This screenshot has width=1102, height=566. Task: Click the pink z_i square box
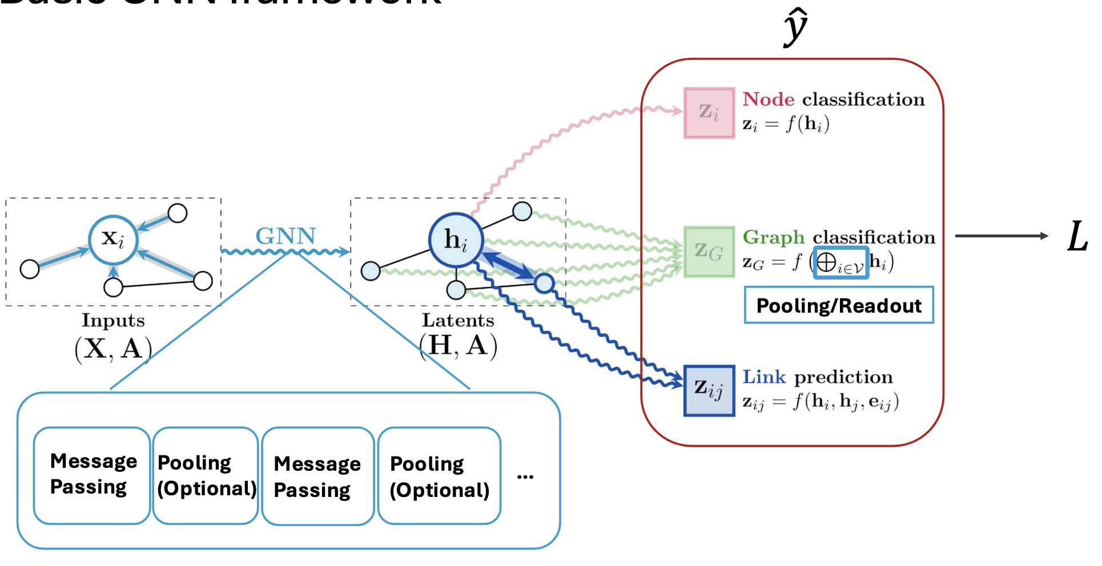point(709,113)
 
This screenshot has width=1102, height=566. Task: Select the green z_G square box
point(709,252)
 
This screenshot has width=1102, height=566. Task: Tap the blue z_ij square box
point(709,391)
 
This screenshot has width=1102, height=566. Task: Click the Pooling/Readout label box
point(839,306)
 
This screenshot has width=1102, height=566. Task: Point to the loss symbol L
point(1077,237)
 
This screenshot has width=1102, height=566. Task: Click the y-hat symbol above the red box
point(795,27)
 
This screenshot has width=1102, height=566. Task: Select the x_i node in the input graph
point(114,240)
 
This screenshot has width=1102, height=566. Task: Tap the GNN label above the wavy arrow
point(285,236)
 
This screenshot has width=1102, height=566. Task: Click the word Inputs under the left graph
point(113,321)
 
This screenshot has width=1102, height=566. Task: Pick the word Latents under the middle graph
point(458,321)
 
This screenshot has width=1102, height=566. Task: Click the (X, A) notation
point(113,349)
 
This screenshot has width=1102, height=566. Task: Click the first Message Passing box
point(92,475)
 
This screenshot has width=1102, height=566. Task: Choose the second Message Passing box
point(317,476)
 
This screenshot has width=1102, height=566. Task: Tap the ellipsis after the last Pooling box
point(525,476)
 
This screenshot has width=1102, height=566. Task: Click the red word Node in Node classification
point(769,100)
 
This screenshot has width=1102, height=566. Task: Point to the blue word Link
point(764,377)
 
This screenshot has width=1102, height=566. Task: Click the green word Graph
point(774,237)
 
